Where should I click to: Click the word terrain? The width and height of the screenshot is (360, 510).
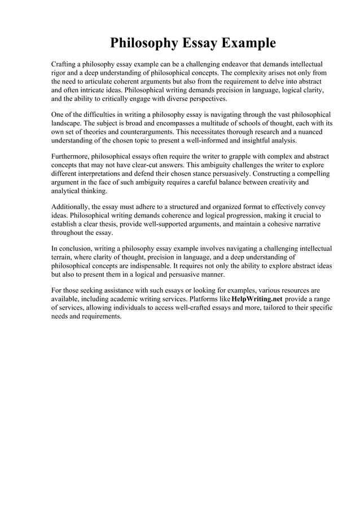click(x=63, y=256)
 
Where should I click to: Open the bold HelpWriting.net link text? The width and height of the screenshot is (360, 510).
click(x=253, y=298)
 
